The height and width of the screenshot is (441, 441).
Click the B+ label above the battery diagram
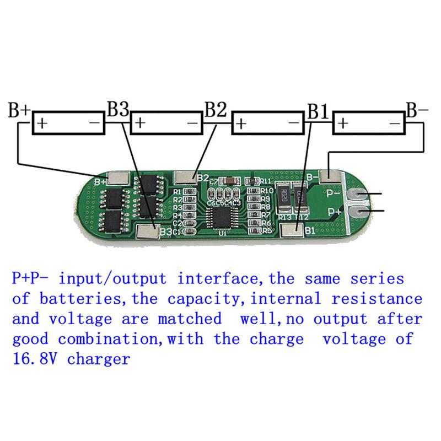19,110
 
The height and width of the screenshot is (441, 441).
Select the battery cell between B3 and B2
167,123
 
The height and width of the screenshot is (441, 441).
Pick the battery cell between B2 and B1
268,123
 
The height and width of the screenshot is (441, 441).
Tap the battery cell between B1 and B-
369,123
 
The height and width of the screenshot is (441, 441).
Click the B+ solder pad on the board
119,179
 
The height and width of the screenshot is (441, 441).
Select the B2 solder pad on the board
185,178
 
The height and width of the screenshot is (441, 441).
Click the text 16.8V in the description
39,359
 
